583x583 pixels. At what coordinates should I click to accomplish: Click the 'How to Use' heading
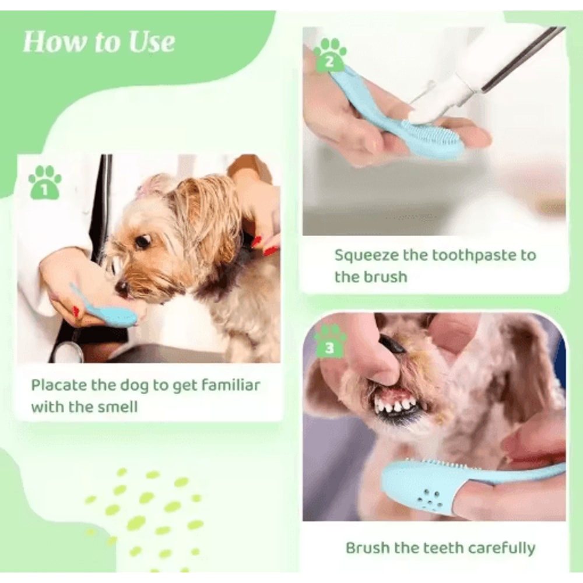(99, 42)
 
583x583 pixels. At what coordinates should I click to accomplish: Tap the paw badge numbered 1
(45, 182)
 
